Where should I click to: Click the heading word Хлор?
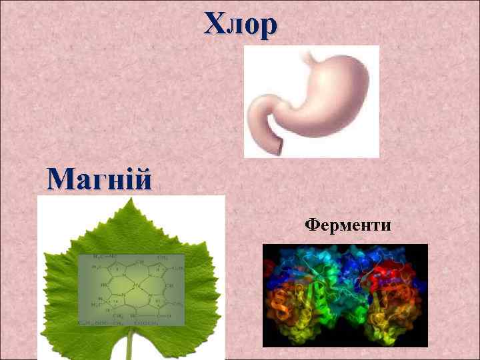click(x=240, y=25)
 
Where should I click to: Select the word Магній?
click(x=99, y=179)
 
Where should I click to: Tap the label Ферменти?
click(x=347, y=225)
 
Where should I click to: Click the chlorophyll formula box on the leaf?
click(x=131, y=290)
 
